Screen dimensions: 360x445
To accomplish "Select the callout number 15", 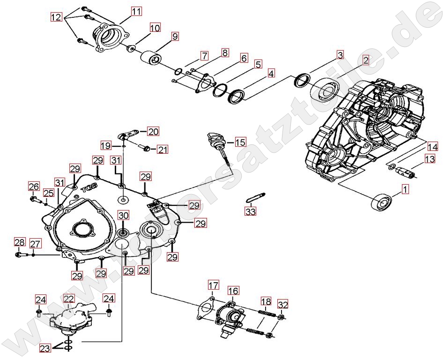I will pyautogui.click(x=240, y=142).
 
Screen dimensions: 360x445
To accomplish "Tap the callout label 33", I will pyautogui.click(x=251, y=211).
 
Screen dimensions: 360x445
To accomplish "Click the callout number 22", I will pyautogui.click(x=69, y=299).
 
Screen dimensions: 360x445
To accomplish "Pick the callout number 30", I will pyautogui.click(x=123, y=216).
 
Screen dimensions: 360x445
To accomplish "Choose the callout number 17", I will pyautogui.click(x=214, y=285).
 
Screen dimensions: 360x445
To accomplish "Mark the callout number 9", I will pyautogui.click(x=175, y=36).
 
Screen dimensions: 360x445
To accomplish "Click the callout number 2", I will pyautogui.click(x=365, y=60).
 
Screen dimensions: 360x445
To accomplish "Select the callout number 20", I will pyautogui.click(x=153, y=131).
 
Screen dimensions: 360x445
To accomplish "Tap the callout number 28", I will pyautogui.click(x=19, y=242).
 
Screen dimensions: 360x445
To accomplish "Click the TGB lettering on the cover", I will pyautogui.click(x=89, y=188).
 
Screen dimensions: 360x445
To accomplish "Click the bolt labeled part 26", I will pyautogui.click(x=35, y=199).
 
